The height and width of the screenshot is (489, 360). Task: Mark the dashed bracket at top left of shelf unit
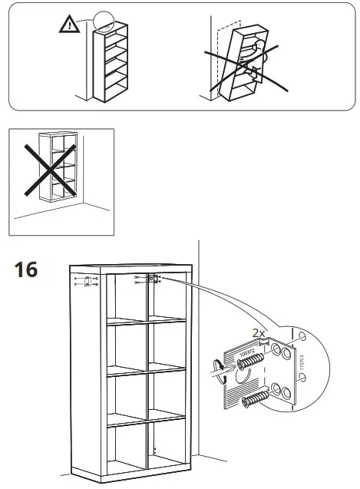tap(87, 280)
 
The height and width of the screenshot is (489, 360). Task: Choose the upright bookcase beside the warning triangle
tap(110, 61)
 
